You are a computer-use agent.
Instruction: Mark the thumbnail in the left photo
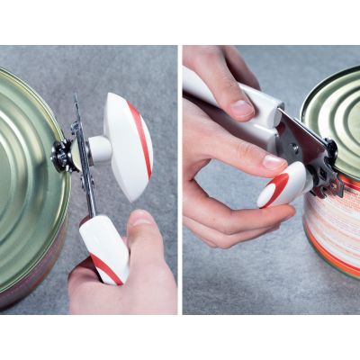tap(141, 218)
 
